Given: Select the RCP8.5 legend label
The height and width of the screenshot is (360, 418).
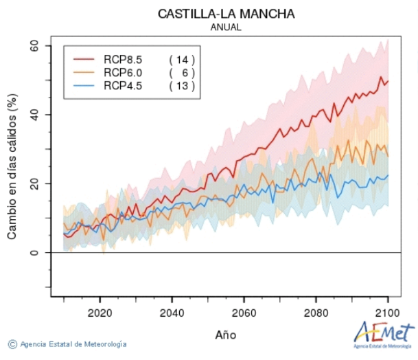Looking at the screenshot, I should pyautogui.click(x=123, y=59).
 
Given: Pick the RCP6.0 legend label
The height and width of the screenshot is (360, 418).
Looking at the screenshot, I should pyautogui.click(x=123, y=72).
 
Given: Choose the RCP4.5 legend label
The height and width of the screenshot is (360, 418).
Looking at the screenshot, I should pyautogui.click(x=123, y=85).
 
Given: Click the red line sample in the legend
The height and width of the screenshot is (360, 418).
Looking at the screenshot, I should pyautogui.click(x=83, y=59).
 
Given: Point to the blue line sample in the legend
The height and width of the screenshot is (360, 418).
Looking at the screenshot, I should pyautogui.click(x=83, y=85).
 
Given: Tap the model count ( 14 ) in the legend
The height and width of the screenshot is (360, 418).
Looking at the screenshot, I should pyautogui.click(x=182, y=59).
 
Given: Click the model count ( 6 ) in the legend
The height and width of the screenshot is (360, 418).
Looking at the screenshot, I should pyautogui.click(x=182, y=72).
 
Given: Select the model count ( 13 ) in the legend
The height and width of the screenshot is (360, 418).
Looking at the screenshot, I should pyautogui.click(x=182, y=85).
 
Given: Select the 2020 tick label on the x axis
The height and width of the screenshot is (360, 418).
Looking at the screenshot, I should pyautogui.click(x=100, y=310).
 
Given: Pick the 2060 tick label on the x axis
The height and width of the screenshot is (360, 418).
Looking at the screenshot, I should pyautogui.click(x=244, y=310).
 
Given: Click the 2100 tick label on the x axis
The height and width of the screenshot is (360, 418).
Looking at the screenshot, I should pyautogui.click(x=388, y=310).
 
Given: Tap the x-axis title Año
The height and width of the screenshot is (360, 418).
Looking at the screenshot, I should pyautogui.click(x=226, y=335).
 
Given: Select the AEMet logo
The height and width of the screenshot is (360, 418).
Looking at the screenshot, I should pyautogui.click(x=384, y=333).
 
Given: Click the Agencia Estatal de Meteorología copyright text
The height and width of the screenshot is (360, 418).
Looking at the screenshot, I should pyautogui.click(x=68, y=344).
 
